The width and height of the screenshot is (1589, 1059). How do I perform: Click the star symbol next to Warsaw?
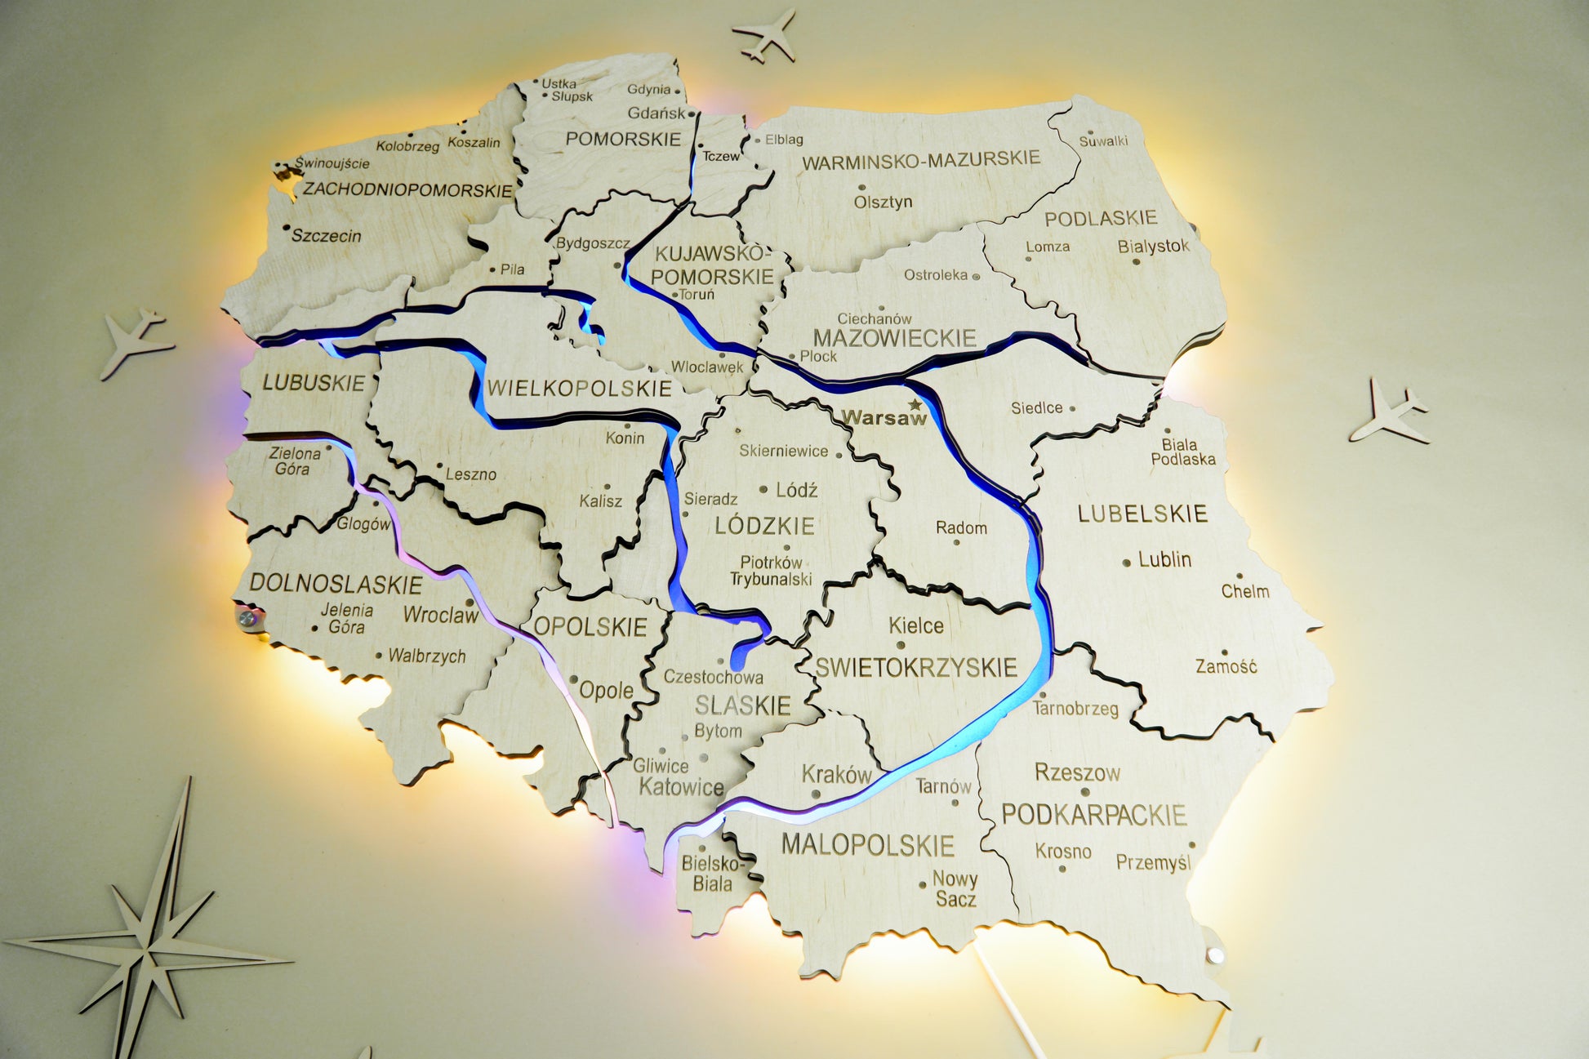pyautogui.click(x=915, y=405)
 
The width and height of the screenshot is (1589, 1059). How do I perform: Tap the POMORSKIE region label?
pyautogui.click(x=623, y=140)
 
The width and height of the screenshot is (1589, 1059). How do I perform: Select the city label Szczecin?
pyautogui.click(x=326, y=236)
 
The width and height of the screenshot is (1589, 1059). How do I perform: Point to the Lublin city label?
pyautogui.click(x=1164, y=560)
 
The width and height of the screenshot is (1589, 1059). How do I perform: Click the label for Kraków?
pyautogui.click(x=837, y=774)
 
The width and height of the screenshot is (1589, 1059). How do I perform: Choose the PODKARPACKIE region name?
pyautogui.click(x=1093, y=814)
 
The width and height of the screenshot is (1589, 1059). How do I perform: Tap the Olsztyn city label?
pyautogui.click(x=883, y=202)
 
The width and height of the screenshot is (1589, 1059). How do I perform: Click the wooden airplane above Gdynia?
pyautogui.click(x=765, y=35)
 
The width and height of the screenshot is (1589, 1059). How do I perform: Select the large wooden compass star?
pyautogui.click(x=151, y=947)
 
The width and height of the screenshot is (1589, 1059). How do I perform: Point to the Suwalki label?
pyautogui.click(x=1103, y=141)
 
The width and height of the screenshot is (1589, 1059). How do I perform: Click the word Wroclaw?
pyautogui.click(x=441, y=615)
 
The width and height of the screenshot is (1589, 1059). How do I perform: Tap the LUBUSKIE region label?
pyautogui.click(x=314, y=383)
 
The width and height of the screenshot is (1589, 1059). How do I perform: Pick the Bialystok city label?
pyautogui.click(x=1153, y=246)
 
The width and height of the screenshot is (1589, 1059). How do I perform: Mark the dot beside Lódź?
pyautogui.click(x=763, y=490)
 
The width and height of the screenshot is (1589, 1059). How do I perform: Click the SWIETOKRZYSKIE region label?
pyautogui.click(x=916, y=668)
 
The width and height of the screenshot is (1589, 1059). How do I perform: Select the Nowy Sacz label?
pyautogui.click(x=955, y=889)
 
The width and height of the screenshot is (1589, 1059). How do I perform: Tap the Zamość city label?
pyautogui.click(x=1226, y=667)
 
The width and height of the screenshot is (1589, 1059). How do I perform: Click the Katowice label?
pyautogui.click(x=681, y=787)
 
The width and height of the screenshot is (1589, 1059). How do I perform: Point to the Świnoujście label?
pyautogui.click(x=332, y=163)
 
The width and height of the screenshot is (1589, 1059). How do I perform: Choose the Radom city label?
pyautogui.click(x=961, y=528)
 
